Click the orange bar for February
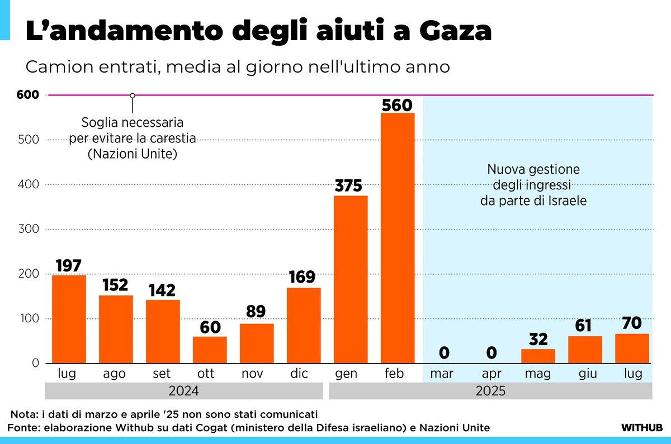[398, 238]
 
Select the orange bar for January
[351, 279]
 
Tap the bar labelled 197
[69, 319]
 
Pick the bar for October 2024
[210, 350]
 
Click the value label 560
[397, 105]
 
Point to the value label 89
[256, 312]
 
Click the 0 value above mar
[444, 353]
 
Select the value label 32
[538, 339]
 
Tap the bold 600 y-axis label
[28, 95]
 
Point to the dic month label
[299, 374]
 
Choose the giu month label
[585, 374]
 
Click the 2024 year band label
[183, 391]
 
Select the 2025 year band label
[490, 391]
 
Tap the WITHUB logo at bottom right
[642, 428]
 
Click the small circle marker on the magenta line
[133, 96]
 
